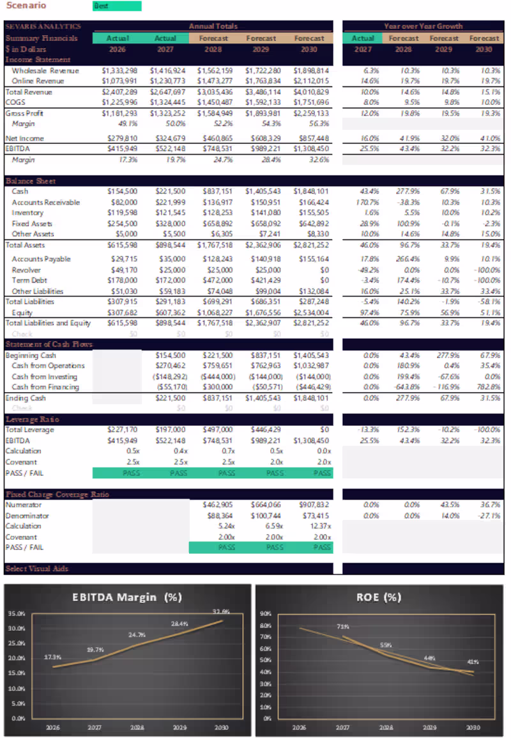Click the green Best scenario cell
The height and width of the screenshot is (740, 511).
click(117, 6)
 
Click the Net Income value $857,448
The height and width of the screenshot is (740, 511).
click(311, 138)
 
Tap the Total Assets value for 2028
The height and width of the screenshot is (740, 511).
click(215, 245)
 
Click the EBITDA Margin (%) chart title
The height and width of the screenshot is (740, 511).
click(128, 597)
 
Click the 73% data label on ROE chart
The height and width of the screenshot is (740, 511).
click(343, 627)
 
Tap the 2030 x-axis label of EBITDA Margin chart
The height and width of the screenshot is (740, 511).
click(222, 727)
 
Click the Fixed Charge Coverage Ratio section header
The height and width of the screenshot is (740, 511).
click(57, 494)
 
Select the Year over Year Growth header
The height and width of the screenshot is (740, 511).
click(423, 27)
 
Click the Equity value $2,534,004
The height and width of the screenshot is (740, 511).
click(311, 313)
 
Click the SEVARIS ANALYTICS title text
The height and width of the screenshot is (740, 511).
click(43, 27)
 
